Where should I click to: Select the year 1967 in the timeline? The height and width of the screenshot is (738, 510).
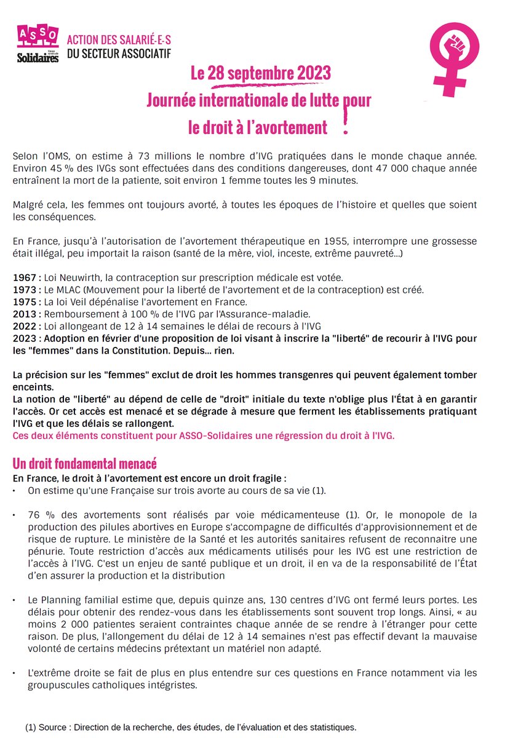(24, 278)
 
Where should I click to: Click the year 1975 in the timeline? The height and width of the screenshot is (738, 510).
(24, 302)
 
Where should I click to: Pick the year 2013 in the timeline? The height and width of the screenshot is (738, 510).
(24, 314)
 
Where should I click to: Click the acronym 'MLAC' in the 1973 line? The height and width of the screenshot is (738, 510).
(72, 290)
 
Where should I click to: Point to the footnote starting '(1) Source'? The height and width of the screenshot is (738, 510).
(191, 727)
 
